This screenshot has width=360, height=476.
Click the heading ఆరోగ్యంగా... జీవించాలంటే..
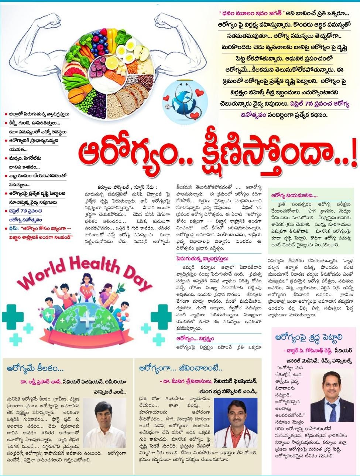[181, 368]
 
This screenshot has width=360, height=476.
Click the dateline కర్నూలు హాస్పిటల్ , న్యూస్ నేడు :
[127, 187]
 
